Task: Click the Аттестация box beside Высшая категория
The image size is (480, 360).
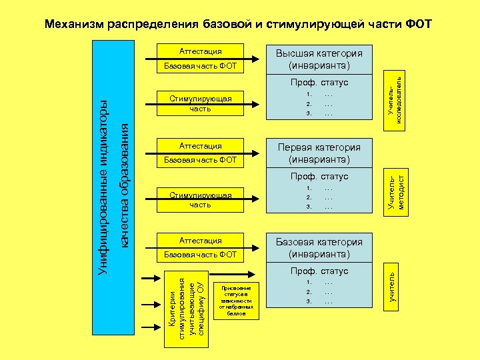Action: click(200, 51)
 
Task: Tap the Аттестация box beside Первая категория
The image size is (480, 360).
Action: click(200, 145)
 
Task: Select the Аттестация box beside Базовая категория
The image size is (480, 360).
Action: click(200, 240)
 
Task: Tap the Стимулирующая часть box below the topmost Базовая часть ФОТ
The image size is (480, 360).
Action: click(200, 103)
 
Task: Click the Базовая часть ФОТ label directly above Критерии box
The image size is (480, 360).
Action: click(200, 255)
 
